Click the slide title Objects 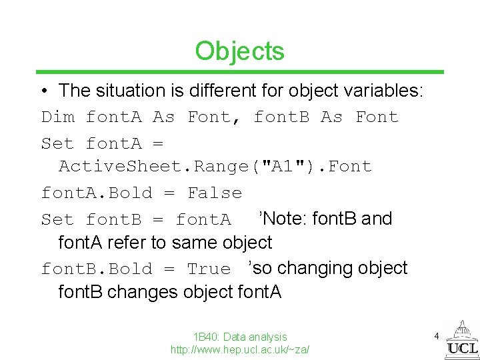pyautogui.click(x=239, y=51)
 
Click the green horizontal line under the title pyautogui.click(x=240, y=72)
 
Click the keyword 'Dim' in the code pyautogui.click(x=58, y=117)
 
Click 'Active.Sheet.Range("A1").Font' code pyautogui.click(x=215, y=167)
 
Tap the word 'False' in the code pyautogui.click(x=215, y=193)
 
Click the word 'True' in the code pyautogui.click(x=209, y=269)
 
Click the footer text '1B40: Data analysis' pyautogui.click(x=240, y=337)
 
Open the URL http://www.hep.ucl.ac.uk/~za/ pyautogui.click(x=240, y=349)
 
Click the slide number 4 pyautogui.click(x=437, y=337)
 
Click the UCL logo pyautogui.click(x=461, y=340)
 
